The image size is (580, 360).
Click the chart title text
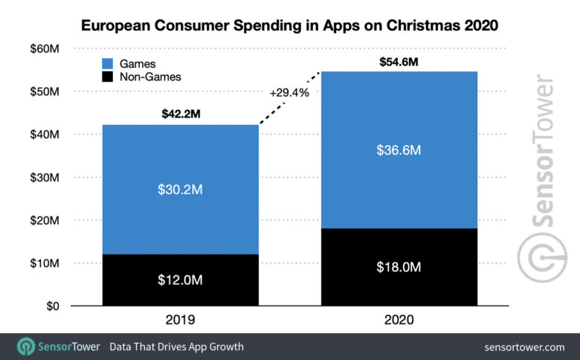289,25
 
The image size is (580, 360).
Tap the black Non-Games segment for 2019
180,280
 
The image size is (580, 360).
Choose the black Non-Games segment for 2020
399,266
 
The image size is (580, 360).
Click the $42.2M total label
180,115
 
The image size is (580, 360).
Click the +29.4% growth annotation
289,93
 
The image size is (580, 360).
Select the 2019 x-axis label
180,321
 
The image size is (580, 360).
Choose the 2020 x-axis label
399,321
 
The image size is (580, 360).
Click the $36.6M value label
399,150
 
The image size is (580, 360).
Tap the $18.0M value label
399,266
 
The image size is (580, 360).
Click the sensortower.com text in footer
524,347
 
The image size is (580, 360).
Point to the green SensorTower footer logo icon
26,347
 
